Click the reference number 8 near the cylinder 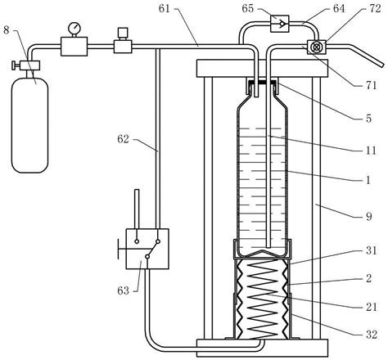[x=7, y=30]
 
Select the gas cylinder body [x=29, y=125]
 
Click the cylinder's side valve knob [x=14, y=65]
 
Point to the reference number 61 [x=165, y=9]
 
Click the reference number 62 [x=123, y=139]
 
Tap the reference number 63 [x=123, y=290]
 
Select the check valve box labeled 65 [x=279, y=24]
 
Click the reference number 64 [x=339, y=9]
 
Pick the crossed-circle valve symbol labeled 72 [x=316, y=47]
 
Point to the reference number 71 [x=371, y=85]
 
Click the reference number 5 [x=368, y=119]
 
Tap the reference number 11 [x=371, y=151]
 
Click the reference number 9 [x=369, y=216]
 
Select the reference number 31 [x=372, y=250]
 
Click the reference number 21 [x=372, y=307]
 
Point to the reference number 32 [x=372, y=335]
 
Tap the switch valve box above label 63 [x=147, y=249]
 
